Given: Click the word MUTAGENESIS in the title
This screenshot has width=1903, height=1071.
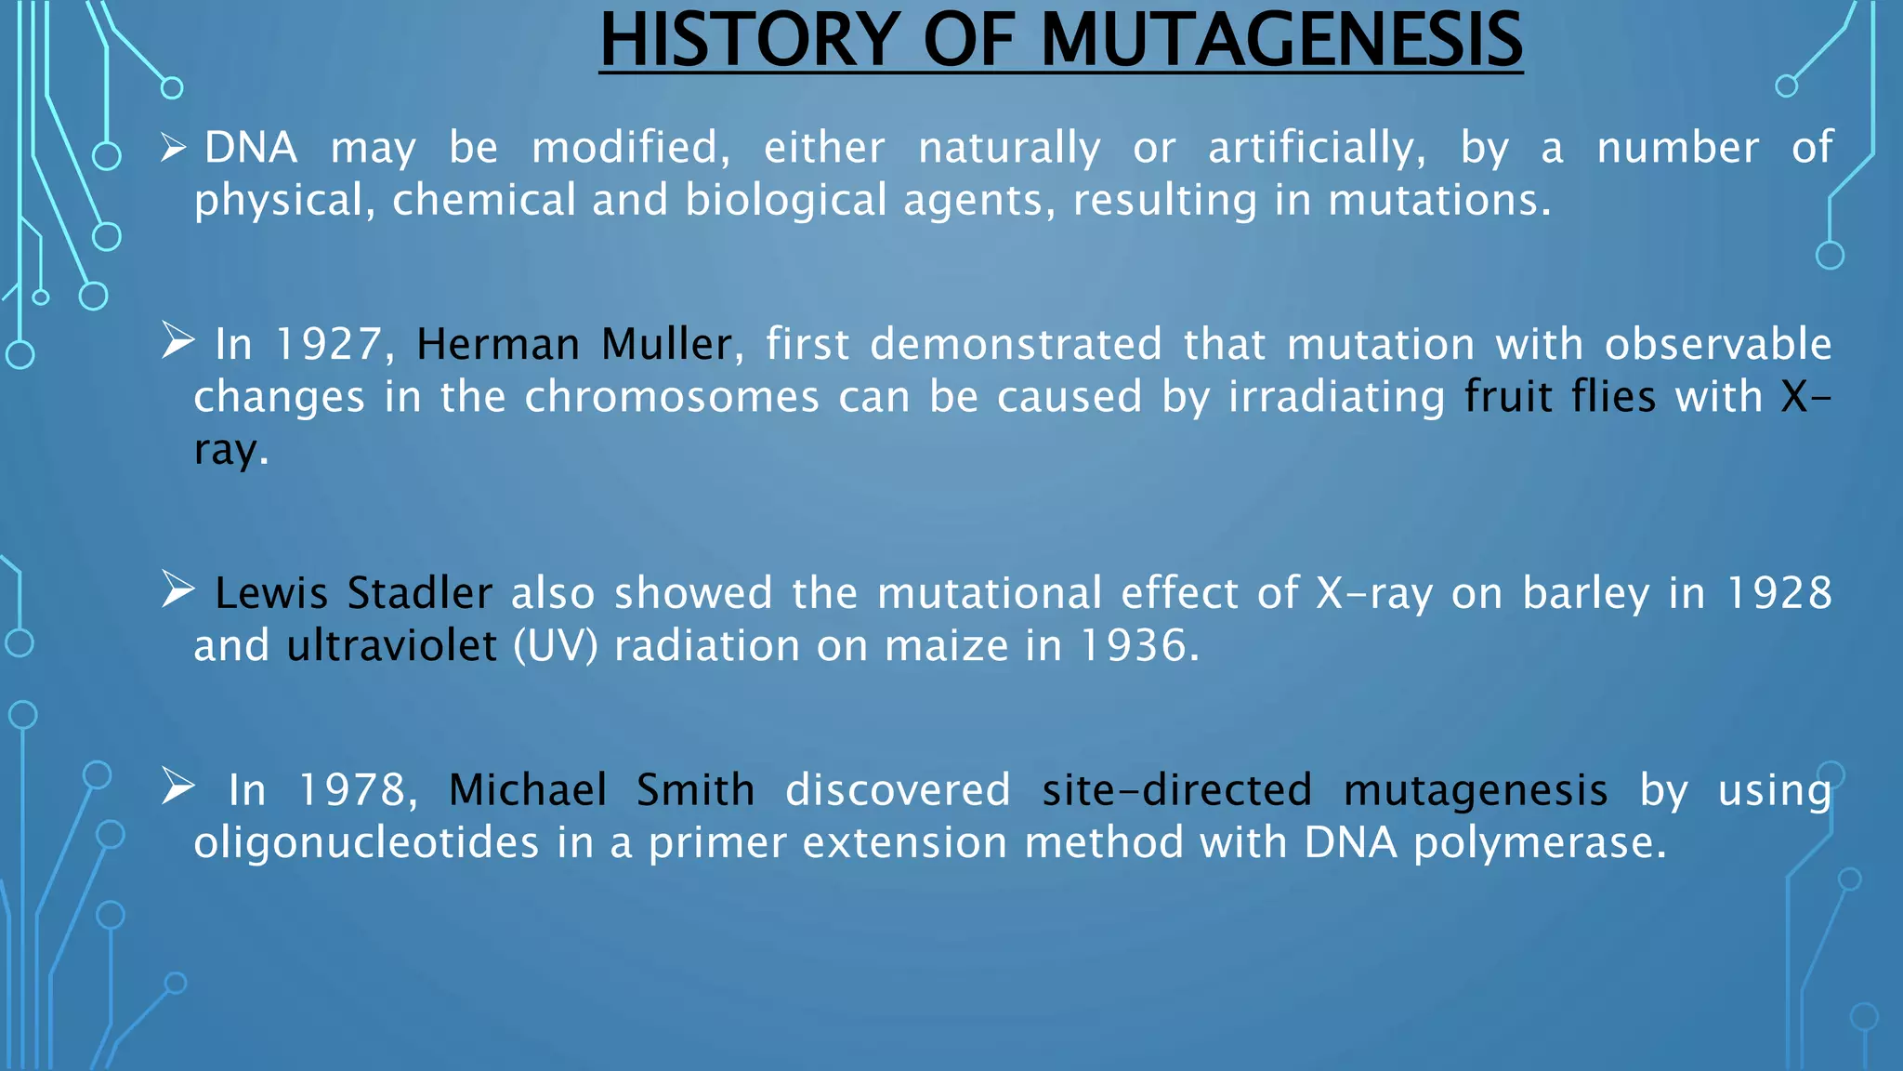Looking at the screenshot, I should [1281, 41].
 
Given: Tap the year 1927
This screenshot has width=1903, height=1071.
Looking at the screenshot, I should [328, 345].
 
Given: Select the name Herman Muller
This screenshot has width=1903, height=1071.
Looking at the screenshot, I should [574, 345].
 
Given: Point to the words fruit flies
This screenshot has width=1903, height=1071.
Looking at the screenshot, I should [1559, 397].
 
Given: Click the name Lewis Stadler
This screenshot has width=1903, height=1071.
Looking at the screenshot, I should [353, 593].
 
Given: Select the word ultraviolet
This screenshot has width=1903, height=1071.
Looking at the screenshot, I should [391, 646].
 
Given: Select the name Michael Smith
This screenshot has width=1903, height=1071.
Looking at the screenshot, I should [601, 790].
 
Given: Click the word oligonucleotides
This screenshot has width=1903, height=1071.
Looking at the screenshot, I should [366, 843].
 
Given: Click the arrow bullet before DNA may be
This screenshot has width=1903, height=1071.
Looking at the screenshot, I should [173, 147].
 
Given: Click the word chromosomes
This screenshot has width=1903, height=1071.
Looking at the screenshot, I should [672, 397].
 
